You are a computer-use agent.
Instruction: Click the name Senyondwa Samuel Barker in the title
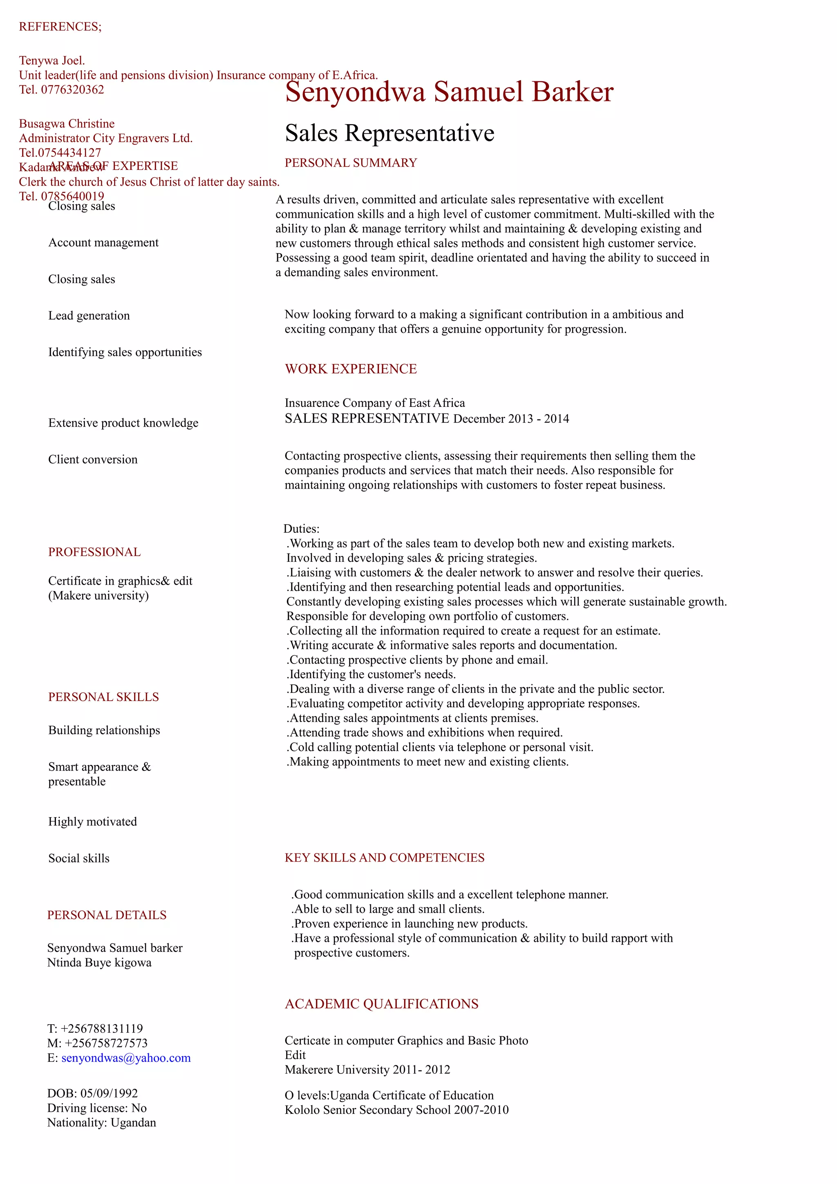click(x=449, y=92)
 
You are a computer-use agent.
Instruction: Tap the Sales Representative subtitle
click(x=389, y=133)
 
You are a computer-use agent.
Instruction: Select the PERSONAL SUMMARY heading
click(x=351, y=163)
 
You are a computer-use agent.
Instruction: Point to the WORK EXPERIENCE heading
click(x=351, y=369)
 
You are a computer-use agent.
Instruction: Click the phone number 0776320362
click(x=72, y=90)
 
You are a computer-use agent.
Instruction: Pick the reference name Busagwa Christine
click(x=67, y=124)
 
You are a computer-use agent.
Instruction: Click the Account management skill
click(x=103, y=242)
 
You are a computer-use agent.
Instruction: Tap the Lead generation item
click(x=89, y=315)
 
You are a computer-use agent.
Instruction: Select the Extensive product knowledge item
click(x=123, y=423)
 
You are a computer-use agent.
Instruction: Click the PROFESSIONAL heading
click(x=94, y=552)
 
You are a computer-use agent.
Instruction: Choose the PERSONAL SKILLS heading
click(x=103, y=697)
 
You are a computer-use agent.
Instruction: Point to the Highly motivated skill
click(x=92, y=822)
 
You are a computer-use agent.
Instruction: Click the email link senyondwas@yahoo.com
click(x=126, y=1058)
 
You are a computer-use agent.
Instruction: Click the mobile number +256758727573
click(x=106, y=1043)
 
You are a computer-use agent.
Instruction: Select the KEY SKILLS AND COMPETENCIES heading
click(x=384, y=858)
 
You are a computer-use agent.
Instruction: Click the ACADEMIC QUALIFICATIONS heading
click(x=381, y=1004)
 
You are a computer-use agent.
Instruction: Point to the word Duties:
click(x=301, y=529)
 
